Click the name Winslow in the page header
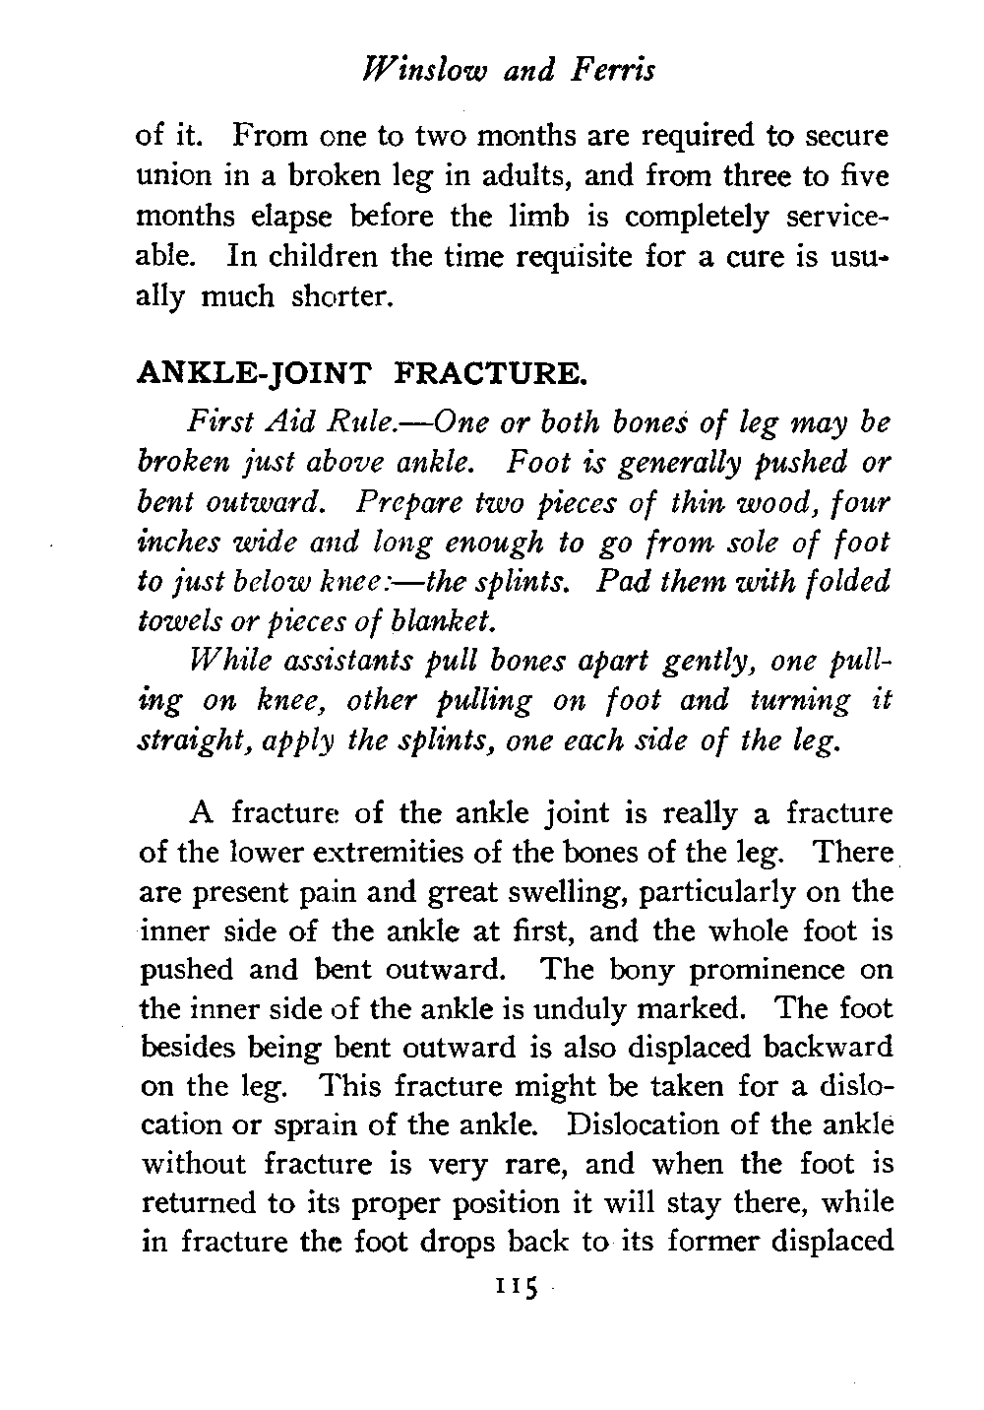point(406,71)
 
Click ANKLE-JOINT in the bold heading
point(256,373)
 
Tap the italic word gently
point(711,661)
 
